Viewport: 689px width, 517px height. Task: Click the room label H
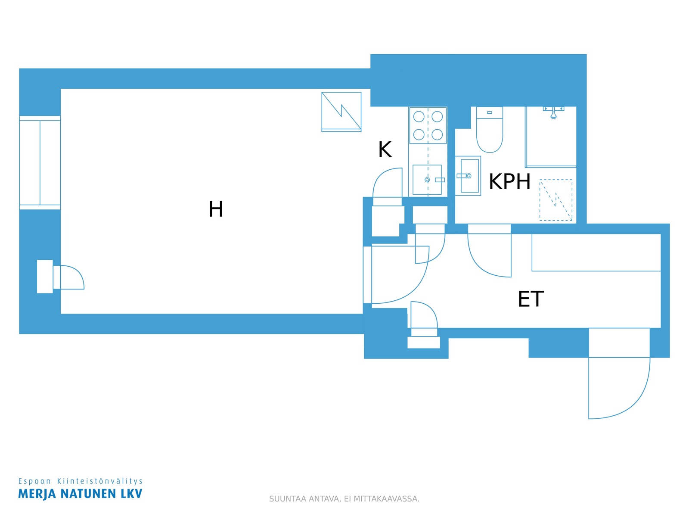(x=216, y=209)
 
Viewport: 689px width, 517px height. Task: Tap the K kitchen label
(x=385, y=149)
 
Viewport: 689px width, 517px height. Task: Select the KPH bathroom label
(x=509, y=181)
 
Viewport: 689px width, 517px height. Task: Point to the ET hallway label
(x=531, y=299)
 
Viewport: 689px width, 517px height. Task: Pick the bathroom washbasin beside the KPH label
(x=468, y=176)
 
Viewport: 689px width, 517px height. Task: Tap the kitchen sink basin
(x=427, y=180)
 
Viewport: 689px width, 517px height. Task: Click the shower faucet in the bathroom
(x=553, y=112)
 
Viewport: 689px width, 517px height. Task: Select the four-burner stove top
(x=428, y=125)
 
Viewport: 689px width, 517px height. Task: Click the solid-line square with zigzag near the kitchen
(x=341, y=112)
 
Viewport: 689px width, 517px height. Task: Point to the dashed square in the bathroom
(x=556, y=200)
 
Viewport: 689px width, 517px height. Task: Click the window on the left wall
(x=40, y=162)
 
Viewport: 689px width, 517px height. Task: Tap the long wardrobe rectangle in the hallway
(x=596, y=252)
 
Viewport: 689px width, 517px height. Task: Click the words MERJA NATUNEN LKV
(x=81, y=494)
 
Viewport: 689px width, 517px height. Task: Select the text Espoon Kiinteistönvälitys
(x=81, y=481)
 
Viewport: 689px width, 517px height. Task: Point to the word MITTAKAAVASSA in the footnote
(x=386, y=499)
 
